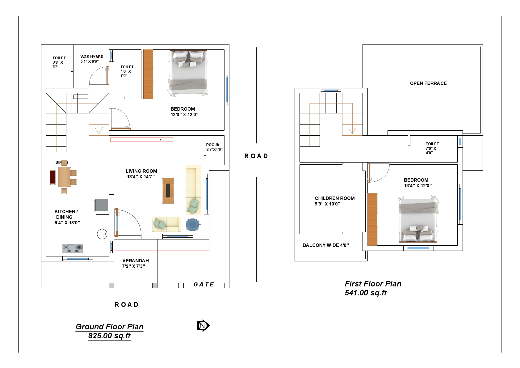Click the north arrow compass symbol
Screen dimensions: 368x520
pos(203,325)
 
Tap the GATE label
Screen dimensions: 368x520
pos(203,285)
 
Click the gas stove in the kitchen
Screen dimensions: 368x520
pos(73,248)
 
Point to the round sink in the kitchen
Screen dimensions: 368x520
pos(102,234)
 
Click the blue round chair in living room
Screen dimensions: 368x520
pos(193,225)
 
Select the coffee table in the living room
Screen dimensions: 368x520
pos(168,191)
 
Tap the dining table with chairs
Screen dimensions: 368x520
pos(64,177)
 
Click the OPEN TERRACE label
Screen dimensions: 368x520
pos(428,83)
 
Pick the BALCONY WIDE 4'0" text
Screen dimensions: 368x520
pos(325,245)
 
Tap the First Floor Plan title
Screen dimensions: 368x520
pos(373,284)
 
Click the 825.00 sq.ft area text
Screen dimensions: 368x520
pos(109,336)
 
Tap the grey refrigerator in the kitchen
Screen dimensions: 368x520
pos(101,205)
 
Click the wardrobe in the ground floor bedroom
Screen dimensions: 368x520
pos(148,74)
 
